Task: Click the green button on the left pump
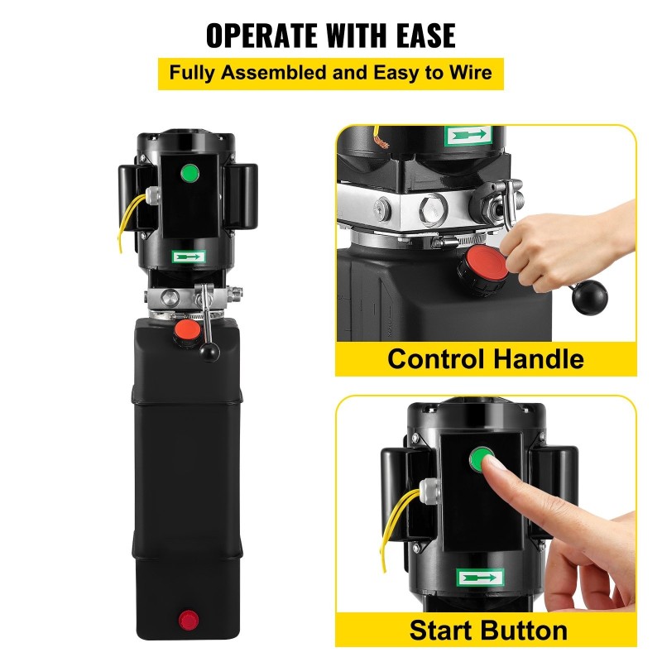[x=190, y=174]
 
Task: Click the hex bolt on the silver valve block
[x=430, y=206]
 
